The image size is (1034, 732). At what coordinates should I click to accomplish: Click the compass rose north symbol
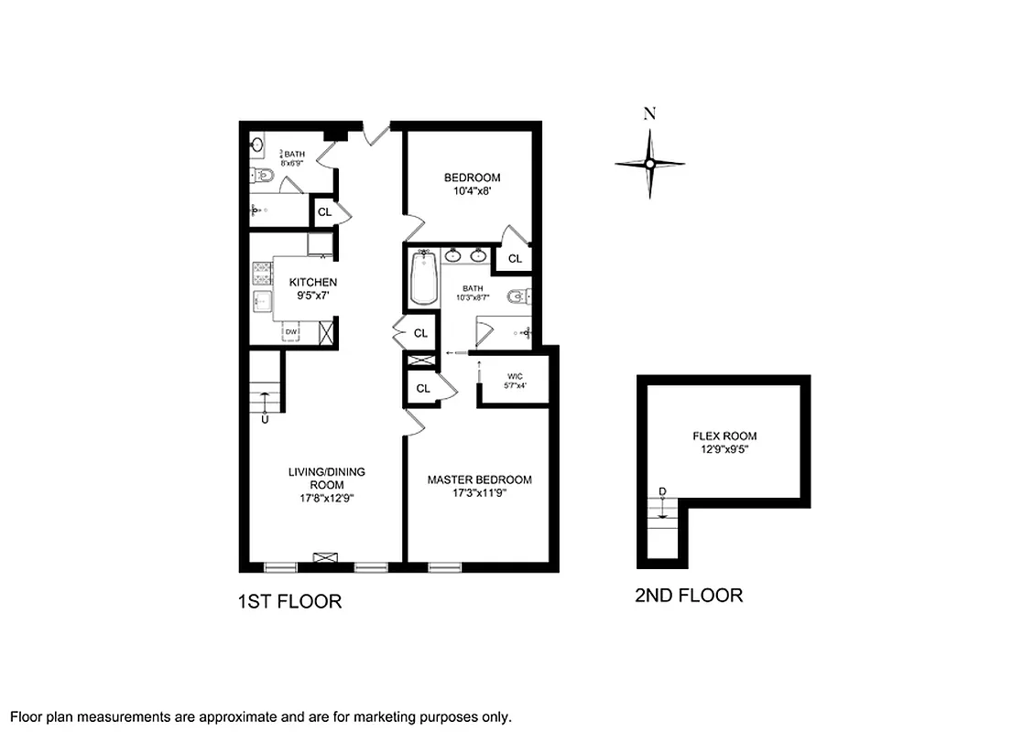[x=649, y=163]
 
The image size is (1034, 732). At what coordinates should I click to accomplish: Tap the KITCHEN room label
[x=313, y=283]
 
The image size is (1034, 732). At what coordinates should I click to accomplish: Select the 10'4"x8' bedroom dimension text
[x=473, y=192]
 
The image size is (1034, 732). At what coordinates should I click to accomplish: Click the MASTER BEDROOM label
[x=479, y=479]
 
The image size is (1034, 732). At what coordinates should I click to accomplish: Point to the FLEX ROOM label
[x=724, y=436]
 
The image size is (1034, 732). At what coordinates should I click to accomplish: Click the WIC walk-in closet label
[x=513, y=375]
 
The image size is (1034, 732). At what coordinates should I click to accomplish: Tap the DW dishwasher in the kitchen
[x=291, y=332]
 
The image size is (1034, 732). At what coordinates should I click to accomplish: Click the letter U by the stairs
[x=265, y=420]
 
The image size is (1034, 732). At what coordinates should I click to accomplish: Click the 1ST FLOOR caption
[x=289, y=601]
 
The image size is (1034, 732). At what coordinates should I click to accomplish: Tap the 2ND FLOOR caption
[x=689, y=596]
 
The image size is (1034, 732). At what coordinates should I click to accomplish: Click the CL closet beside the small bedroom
[x=515, y=259]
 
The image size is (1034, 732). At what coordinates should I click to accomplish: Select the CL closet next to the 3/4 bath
[x=324, y=212]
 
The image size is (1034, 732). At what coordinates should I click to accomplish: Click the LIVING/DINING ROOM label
[x=314, y=478]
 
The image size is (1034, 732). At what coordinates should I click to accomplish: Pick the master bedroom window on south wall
[x=445, y=567]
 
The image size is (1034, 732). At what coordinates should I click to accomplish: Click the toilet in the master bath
[x=519, y=296]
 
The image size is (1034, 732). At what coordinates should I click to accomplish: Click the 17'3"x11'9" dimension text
[x=479, y=493]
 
